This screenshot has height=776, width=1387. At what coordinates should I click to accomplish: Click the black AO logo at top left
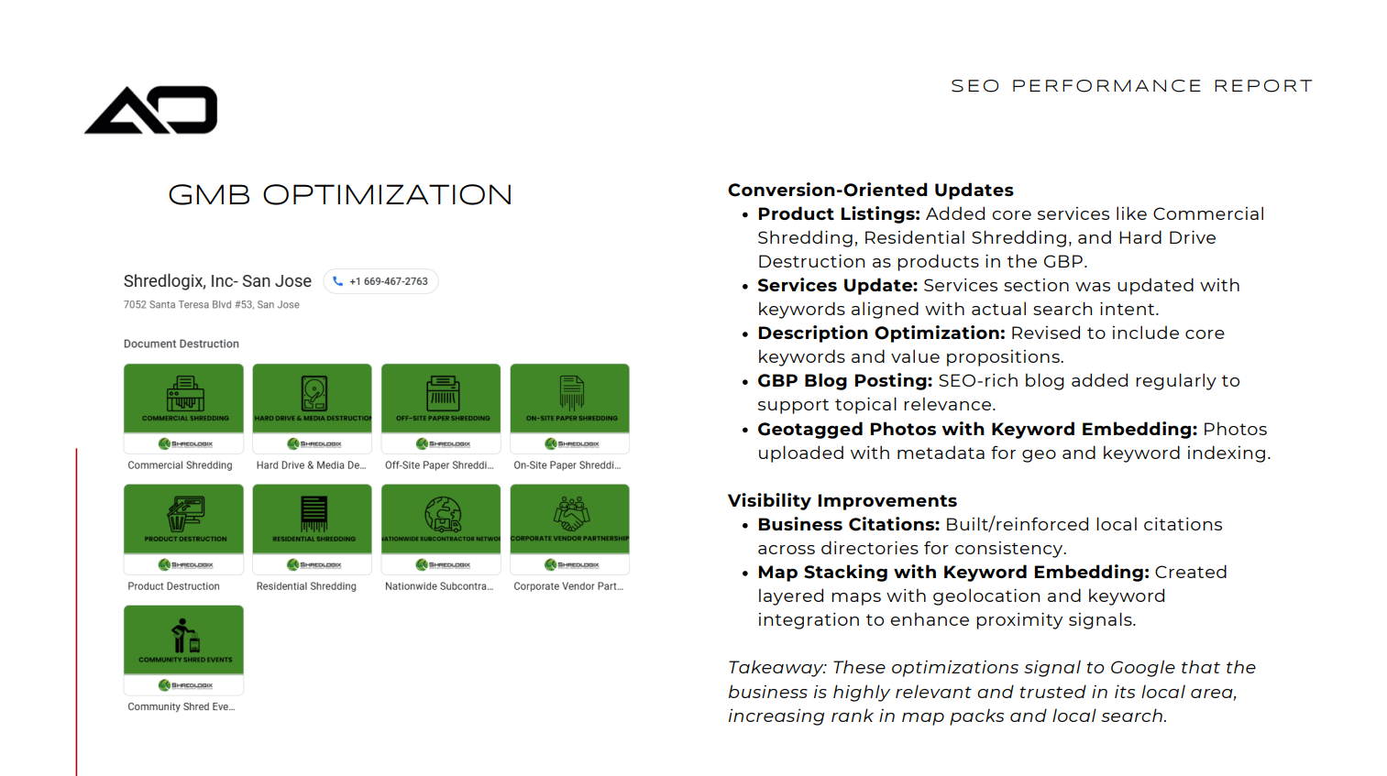151,110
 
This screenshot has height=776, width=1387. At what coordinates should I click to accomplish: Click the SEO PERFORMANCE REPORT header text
1131,86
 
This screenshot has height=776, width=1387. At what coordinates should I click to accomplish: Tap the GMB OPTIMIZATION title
340,195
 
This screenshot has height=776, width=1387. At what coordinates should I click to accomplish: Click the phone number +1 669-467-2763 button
381,281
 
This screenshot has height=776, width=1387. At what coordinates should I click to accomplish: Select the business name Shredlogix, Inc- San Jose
217,281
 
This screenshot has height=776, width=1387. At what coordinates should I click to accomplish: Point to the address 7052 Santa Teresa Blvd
211,305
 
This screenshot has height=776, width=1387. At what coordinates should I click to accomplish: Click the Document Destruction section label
182,344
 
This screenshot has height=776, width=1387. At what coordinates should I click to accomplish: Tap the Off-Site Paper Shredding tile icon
442,394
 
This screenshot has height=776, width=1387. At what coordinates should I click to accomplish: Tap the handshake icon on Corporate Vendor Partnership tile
570,514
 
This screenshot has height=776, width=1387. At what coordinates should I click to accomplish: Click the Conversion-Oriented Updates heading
870,190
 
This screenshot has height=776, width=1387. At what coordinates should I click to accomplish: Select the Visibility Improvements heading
842,500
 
